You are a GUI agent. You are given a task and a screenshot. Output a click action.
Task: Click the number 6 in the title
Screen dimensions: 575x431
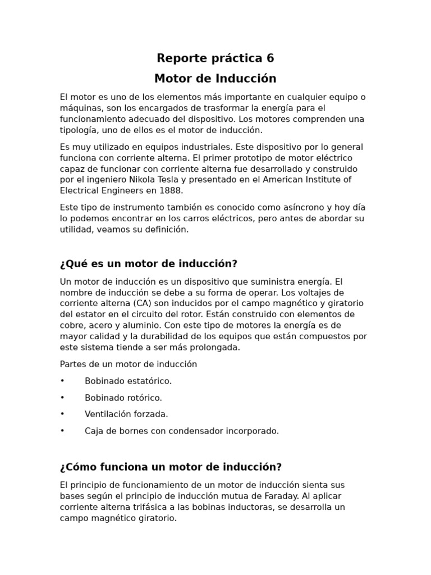270,58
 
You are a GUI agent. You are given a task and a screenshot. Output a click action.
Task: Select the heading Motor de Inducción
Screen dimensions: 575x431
215,78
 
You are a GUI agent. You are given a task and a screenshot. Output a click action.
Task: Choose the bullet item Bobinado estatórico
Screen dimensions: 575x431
128,381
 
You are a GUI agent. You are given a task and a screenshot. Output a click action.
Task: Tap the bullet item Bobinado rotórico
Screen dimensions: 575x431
123,398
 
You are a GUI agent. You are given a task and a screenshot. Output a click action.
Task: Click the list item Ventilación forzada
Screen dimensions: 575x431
126,414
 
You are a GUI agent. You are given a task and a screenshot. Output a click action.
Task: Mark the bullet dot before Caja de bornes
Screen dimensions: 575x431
62,431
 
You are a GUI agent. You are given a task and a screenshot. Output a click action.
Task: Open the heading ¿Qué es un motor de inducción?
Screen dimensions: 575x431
149,264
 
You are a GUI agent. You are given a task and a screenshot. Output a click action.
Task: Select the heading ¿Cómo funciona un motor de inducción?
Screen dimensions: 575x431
171,467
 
